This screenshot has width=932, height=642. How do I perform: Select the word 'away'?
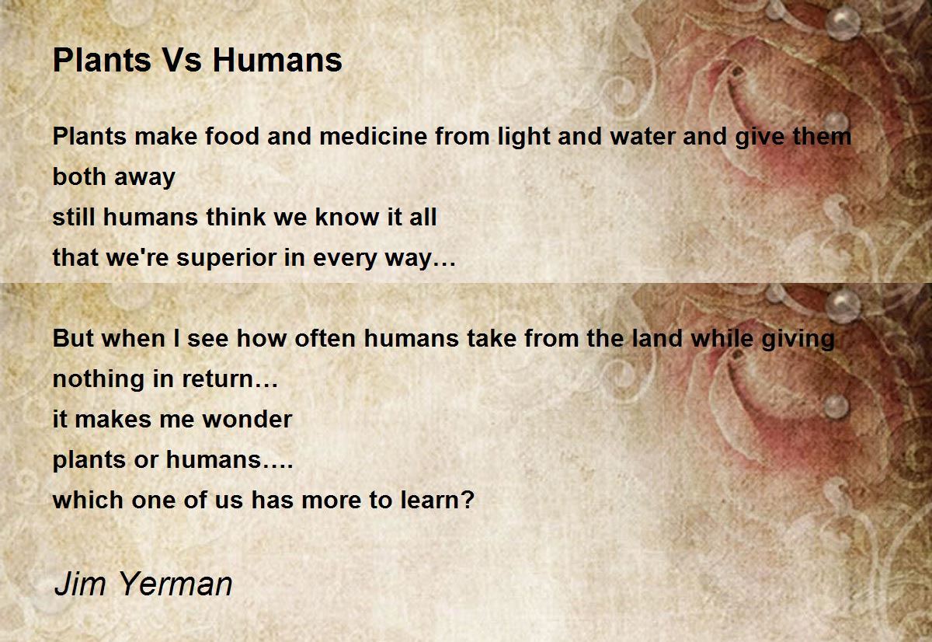pyautogui.click(x=144, y=177)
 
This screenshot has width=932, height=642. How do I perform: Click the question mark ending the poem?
pyautogui.click(x=467, y=500)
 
